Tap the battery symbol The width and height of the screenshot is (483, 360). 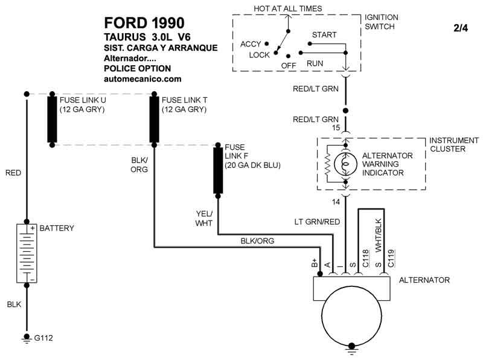pos(27,252)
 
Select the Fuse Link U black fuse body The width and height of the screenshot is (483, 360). pos(53,120)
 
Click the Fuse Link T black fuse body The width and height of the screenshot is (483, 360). pos(155,120)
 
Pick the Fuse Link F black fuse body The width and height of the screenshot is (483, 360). pos(218,169)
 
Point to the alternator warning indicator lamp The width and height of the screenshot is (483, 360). pos(346,164)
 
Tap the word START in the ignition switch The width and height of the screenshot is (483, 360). pos(324,35)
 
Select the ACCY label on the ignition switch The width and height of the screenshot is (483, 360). pos(250,44)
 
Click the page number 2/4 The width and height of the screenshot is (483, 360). pos(460,28)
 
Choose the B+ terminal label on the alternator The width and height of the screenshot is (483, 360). pos(315,263)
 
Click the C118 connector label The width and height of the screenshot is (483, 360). pos(365,258)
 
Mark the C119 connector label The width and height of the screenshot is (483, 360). pos(391,258)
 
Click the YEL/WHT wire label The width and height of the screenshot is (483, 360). pos(204,219)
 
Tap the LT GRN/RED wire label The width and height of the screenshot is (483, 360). pos(317,222)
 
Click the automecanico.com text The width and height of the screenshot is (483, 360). pos(142,79)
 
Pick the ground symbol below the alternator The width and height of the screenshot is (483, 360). pos(352,347)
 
